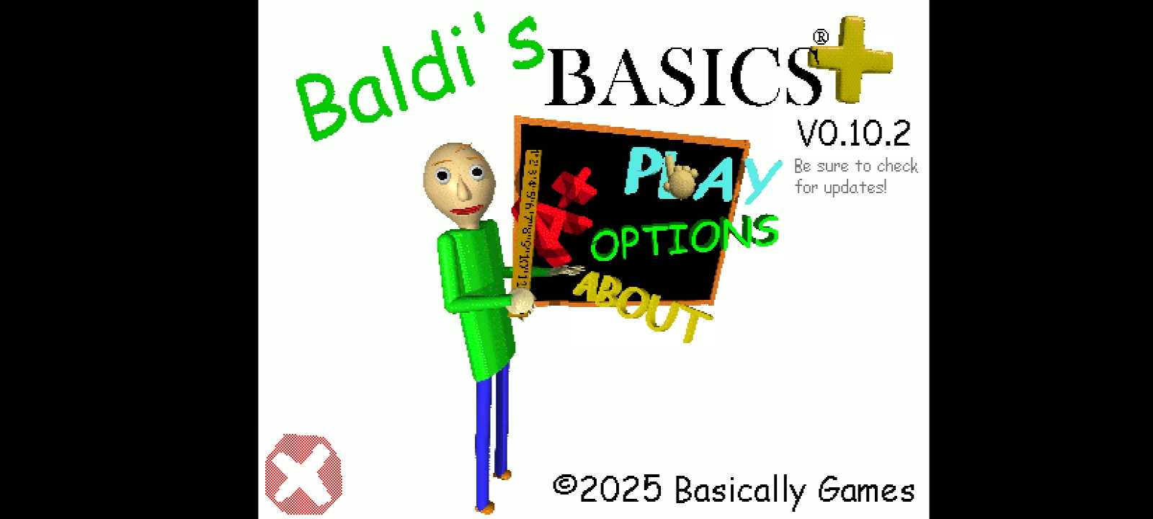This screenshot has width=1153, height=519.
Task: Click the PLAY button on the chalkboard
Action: coord(703,175)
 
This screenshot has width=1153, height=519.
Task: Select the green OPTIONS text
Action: coord(685,237)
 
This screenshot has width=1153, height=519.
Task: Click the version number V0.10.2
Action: coord(854,133)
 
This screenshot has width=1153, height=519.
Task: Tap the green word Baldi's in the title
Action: coord(419,77)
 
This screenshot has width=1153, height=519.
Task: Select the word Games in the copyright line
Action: coord(866,489)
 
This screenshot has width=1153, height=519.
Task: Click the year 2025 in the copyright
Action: coord(620,489)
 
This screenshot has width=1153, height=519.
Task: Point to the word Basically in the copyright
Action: coord(740,491)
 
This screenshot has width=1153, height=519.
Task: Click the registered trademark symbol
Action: coord(821,37)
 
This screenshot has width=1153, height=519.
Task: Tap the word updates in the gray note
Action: coord(855,187)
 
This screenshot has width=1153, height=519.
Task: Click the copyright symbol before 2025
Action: coord(564,484)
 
